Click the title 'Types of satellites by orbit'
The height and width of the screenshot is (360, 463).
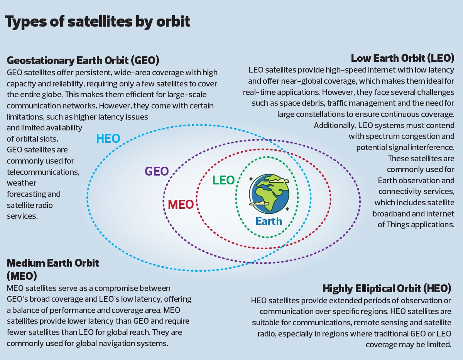click(98, 22)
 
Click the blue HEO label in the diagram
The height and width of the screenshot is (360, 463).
click(108, 139)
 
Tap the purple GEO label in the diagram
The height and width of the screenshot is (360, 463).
click(157, 171)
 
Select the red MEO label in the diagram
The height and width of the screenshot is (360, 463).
click(181, 205)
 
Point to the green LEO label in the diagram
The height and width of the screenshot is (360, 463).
click(223, 180)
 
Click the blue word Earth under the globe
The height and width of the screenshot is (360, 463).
click(269, 221)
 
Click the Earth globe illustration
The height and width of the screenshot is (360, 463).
click(270, 193)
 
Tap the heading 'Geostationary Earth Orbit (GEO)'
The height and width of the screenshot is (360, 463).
click(83, 61)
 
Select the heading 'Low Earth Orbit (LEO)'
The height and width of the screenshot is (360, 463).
click(402, 58)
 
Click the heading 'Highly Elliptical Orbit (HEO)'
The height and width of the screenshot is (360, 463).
click(387, 289)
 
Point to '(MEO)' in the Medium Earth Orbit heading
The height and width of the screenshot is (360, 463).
click(22, 276)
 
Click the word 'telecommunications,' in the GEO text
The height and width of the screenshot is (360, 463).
click(43, 172)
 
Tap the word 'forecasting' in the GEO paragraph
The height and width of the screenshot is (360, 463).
click(25, 194)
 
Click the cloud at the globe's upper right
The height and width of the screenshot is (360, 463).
click(279, 181)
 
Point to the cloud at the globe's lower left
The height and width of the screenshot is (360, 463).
click(259, 203)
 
